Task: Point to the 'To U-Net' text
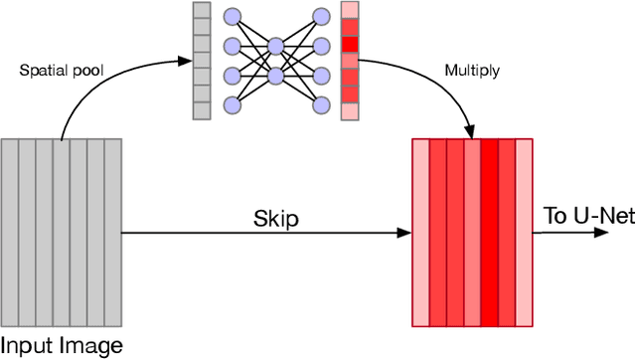[588, 216]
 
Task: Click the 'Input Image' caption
[62, 346]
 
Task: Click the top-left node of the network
[233, 15]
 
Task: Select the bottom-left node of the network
[233, 104]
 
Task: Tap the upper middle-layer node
[276, 45]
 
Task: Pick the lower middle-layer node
[276, 75]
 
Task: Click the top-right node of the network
[320, 15]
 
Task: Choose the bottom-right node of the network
[320, 104]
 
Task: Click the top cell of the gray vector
[201, 11]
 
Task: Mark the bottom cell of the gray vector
[201, 110]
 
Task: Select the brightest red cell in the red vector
[349, 45]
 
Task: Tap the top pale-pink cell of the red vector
[349, 11]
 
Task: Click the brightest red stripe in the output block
[488, 234]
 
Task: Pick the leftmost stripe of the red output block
[420, 234]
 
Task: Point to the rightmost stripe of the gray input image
[112, 234]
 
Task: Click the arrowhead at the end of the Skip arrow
[404, 233]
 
